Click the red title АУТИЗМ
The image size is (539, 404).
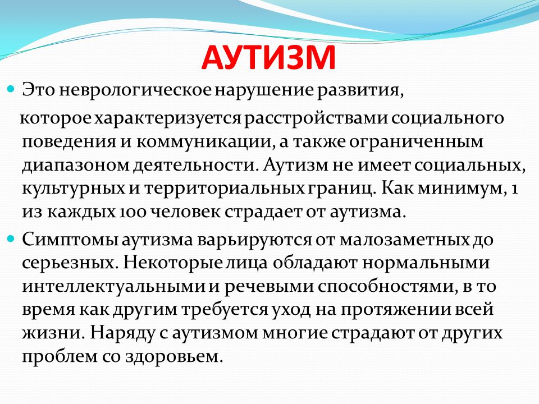(268, 57)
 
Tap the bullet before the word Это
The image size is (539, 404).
(11, 90)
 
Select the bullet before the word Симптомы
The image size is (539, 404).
(11, 238)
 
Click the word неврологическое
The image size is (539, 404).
(135, 90)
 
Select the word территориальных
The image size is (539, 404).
(224, 189)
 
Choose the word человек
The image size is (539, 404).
(186, 212)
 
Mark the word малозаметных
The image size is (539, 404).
(404, 240)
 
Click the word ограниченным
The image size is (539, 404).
(416, 142)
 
